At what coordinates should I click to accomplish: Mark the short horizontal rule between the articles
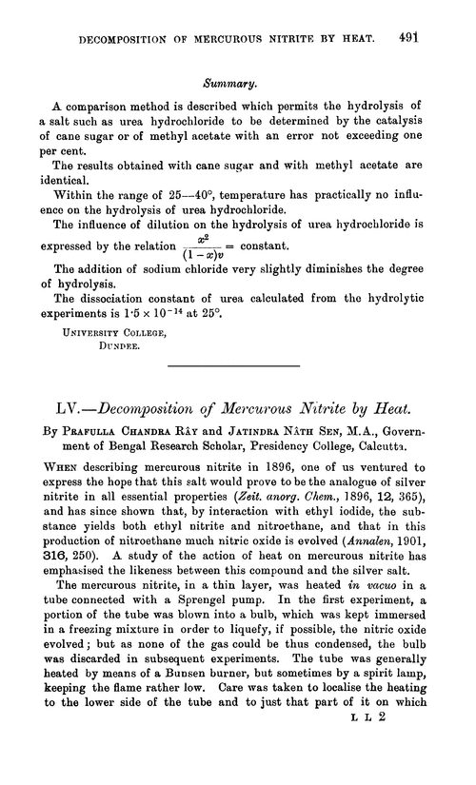point(239,378)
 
